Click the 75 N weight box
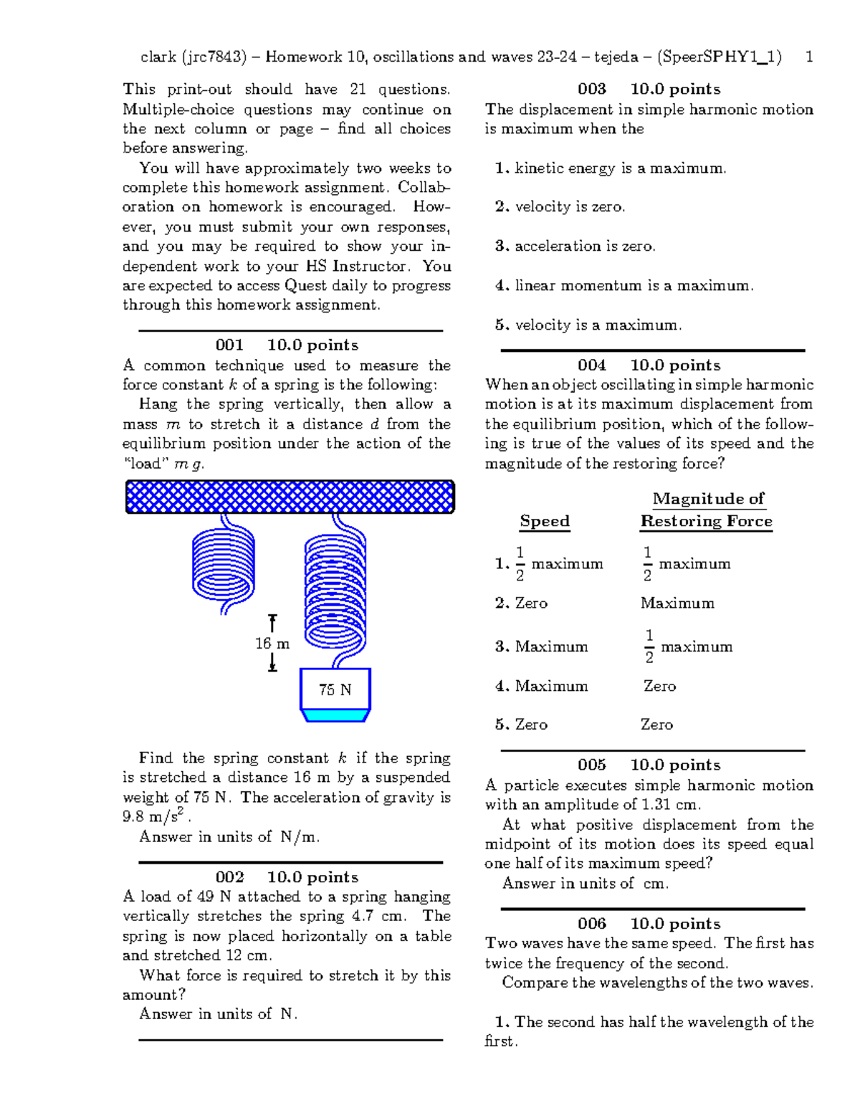(x=335, y=690)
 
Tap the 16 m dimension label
(x=272, y=644)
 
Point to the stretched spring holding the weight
(x=335, y=591)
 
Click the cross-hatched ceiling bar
(x=290, y=497)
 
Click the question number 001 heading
(x=229, y=345)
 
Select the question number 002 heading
(x=229, y=877)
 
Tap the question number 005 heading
(x=592, y=765)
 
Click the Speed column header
(x=545, y=521)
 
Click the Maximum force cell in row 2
(x=677, y=603)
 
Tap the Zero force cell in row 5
(x=656, y=725)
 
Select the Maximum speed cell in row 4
(x=551, y=686)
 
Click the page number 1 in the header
(x=809, y=57)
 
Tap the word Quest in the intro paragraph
(x=306, y=286)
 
